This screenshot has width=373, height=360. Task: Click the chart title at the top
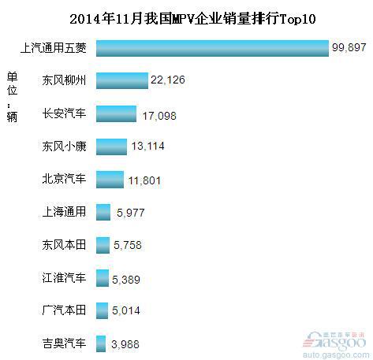pos(186,17)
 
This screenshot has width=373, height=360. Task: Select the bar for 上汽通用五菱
pos(211,48)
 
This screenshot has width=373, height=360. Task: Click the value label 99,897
pos(350,49)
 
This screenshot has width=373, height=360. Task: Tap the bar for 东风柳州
pos(122,80)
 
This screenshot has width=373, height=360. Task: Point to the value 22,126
pos(170,82)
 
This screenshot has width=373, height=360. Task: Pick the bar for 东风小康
pos(111,146)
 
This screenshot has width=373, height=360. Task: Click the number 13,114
pos(149,148)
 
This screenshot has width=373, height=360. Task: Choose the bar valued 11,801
pos(110,179)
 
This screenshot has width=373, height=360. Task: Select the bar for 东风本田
pos(103,245)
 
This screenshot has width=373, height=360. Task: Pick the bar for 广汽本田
pos(102,311)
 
